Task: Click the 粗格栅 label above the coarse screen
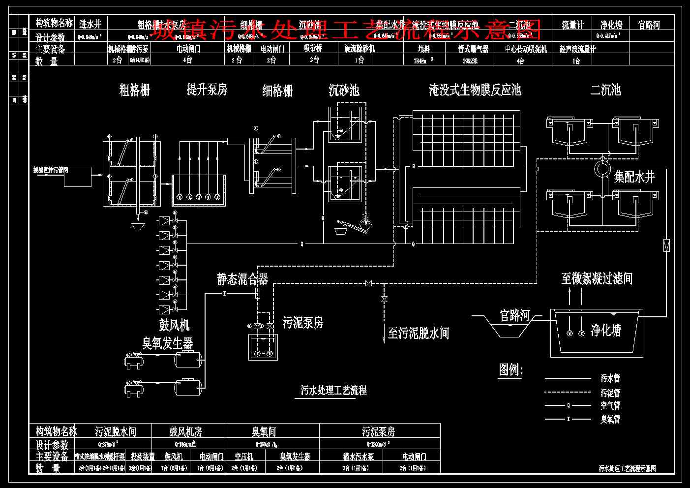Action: pyautogui.click(x=134, y=90)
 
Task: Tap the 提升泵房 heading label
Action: pyautogui.click(x=207, y=90)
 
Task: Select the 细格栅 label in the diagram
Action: pyautogui.click(x=277, y=91)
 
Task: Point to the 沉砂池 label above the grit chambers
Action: pyautogui.click(x=344, y=90)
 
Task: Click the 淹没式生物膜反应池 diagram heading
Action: pyautogui.click(x=475, y=90)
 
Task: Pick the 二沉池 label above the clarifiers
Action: pyautogui.click(x=605, y=90)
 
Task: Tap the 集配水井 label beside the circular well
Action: pyautogui.click(x=634, y=177)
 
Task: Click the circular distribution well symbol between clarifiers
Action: pyautogui.click(x=602, y=169)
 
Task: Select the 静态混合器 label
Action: pyautogui.click(x=242, y=279)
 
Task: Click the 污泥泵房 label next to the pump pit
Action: pyautogui.click(x=303, y=323)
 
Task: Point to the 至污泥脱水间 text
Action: pyautogui.click(x=418, y=334)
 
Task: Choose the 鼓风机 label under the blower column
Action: pyautogui.click(x=174, y=325)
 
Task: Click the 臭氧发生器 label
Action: pyautogui.click(x=167, y=343)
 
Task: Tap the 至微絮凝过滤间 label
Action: pyautogui.click(x=597, y=279)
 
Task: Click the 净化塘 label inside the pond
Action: pyautogui.click(x=605, y=330)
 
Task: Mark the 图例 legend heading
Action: pyautogui.click(x=510, y=369)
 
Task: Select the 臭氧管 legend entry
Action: pyautogui.click(x=610, y=419)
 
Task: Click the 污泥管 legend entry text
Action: pyautogui.click(x=610, y=393)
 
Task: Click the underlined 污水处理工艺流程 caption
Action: pyautogui.click(x=334, y=391)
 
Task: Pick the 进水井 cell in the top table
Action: pyautogui.click(x=90, y=24)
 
